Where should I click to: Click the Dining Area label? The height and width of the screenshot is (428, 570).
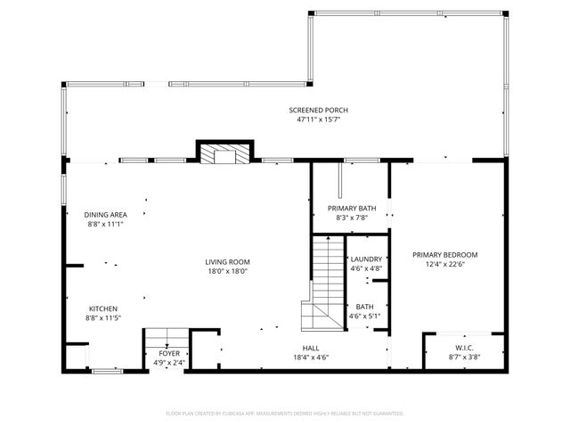click(105, 215)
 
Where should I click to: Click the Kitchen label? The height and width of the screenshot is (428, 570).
click(102, 309)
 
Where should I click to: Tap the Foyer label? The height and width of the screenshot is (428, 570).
click(168, 354)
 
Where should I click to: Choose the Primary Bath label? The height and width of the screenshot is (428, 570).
click(351, 208)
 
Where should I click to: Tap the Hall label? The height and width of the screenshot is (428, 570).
click(311, 348)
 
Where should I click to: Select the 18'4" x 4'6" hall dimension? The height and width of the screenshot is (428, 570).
click(311, 357)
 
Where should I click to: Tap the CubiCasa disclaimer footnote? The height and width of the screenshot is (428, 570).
click(285, 413)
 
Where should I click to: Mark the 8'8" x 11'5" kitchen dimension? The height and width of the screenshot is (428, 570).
click(102, 317)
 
